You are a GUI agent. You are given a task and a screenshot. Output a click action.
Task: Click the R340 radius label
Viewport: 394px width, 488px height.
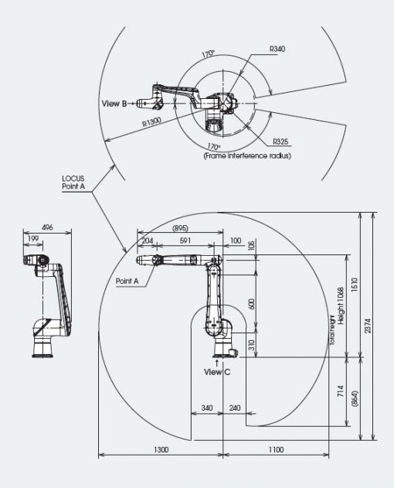(x=277, y=49)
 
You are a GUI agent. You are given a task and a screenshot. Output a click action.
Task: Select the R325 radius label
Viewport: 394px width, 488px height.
(x=280, y=142)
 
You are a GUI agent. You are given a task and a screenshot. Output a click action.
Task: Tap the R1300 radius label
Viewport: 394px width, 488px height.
(x=151, y=121)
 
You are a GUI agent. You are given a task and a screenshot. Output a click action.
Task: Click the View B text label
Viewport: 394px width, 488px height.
(x=114, y=104)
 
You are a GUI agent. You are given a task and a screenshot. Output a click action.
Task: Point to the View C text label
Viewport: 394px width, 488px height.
(x=217, y=372)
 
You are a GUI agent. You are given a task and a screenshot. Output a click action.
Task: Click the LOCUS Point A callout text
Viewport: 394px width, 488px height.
(x=73, y=183)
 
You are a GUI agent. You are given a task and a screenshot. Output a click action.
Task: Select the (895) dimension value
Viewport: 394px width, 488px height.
(x=180, y=228)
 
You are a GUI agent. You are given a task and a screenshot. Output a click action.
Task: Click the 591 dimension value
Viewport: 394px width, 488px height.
(x=185, y=241)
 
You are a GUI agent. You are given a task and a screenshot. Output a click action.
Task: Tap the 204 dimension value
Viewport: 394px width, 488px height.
(x=148, y=241)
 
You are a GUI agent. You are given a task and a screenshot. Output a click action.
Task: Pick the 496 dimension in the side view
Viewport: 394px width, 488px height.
(x=47, y=227)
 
